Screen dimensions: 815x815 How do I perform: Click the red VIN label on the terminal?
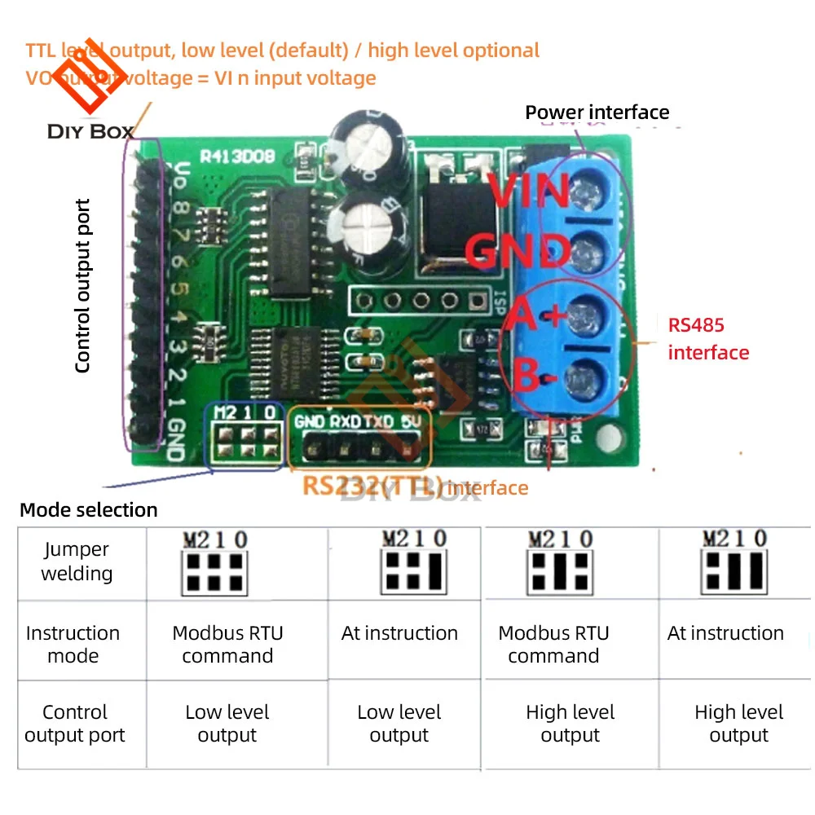pos(532,192)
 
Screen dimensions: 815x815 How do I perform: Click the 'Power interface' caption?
pos(597,112)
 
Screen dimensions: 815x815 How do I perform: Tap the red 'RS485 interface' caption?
pos(707,338)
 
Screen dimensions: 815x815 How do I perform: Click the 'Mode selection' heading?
pos(88,510)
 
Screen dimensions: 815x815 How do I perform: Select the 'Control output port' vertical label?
pos(82,286)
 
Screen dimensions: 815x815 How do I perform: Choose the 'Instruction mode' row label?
pos(73,644)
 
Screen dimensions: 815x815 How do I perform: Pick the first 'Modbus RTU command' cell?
pos(227,644)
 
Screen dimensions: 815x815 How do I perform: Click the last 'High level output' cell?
pos(738,724)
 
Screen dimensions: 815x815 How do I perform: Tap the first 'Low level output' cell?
pos(227,724)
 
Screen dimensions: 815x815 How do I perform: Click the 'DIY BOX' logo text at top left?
pos(90,131)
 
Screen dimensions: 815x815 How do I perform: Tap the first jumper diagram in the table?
pos(214,563)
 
